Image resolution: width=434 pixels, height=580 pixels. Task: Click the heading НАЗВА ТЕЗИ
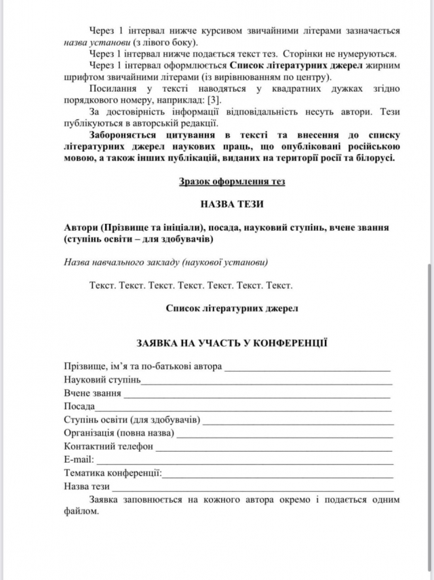(232, 204)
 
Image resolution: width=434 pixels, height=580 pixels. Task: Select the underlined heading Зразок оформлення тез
(232, 182)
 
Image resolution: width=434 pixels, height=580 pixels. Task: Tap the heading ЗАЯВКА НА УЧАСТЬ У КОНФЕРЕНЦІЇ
(232, 343)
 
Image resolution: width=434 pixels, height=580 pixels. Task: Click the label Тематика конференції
(113, 473)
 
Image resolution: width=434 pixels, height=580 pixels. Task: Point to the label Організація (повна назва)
(119, 433)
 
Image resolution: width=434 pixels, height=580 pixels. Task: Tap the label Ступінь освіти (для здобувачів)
(132, 420)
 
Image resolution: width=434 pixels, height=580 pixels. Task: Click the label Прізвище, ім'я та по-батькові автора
(143, 367)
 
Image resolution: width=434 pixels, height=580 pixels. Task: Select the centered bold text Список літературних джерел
(232, 308)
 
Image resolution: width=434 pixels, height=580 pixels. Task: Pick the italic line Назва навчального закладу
(166, 263)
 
